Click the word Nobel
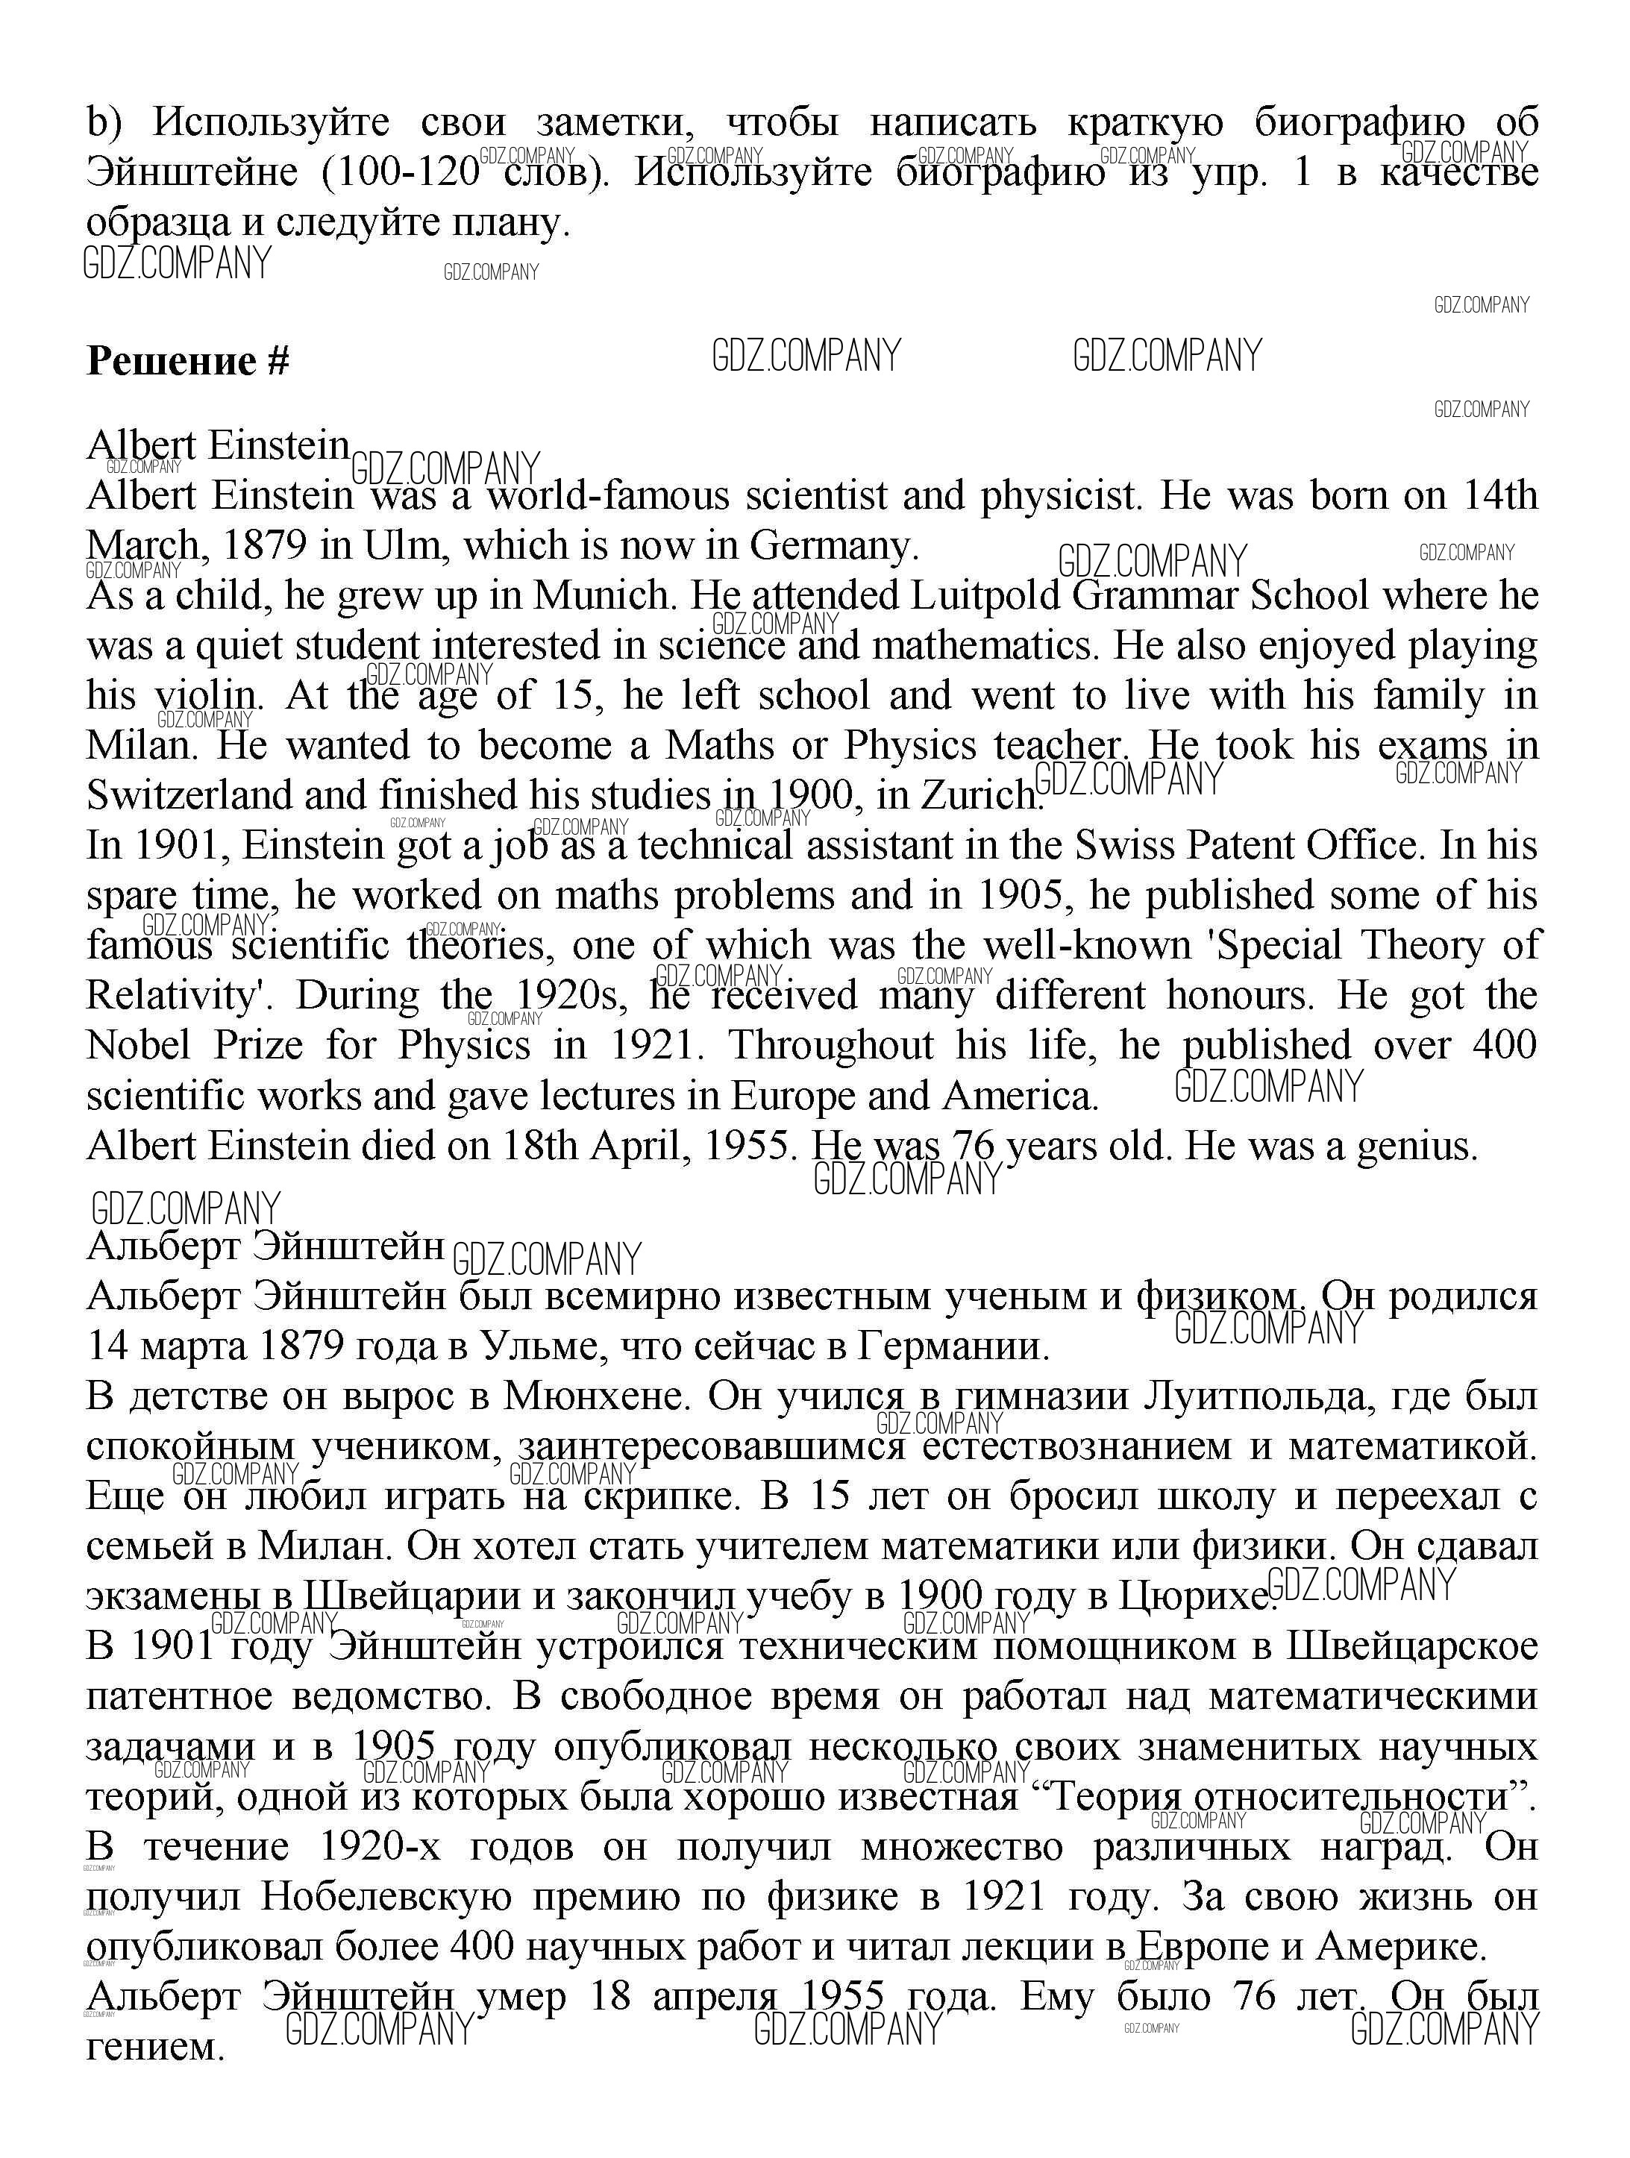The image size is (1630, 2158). (137, 1045)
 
